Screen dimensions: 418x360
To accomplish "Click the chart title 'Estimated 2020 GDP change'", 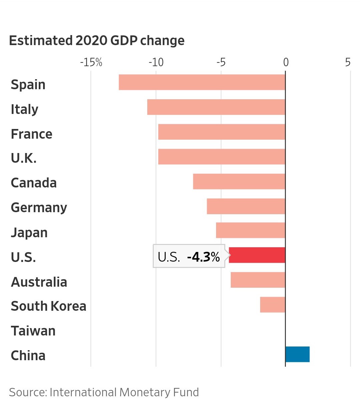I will pyautogui.click(x=97, y=40).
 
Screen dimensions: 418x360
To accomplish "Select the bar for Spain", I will pyautogui.click(x=202, y=82).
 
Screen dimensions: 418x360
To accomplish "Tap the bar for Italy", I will pyautogui.click(x=216, y=107).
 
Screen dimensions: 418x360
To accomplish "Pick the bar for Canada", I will pyautogui.click(x=239, y=181).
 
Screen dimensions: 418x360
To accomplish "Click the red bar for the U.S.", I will pyautogui.click(x=257, y=255).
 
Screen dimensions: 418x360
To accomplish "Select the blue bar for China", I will pyautogui.click(x=297, y=354).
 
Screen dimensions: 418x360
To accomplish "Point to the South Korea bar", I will pyautogui.click(x=273, y=304).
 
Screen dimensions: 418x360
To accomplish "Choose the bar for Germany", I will pyautogui.click(x=246, y=206).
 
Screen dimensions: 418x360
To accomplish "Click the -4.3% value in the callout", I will pyautogui.click(x=203, y=257).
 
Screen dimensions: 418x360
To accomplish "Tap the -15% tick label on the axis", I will pyautogui.click(x=91, y=62).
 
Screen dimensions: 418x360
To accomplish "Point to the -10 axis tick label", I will pyautogui.click(x=156, y=62).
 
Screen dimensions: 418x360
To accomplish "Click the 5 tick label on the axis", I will pyautogui.click(x=348, y=62).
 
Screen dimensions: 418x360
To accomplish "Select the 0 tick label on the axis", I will pyautogui.click(x=286, y=62).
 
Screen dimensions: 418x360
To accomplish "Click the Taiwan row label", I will pyautogui.click(x=33, y=331).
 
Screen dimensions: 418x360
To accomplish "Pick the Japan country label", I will pyautogui.click(x=29, y=233).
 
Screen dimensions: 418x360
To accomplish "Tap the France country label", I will pyautogui.click(x=31, y=134).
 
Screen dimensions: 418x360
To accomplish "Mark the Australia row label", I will pyautogui.click(x=39, y=282).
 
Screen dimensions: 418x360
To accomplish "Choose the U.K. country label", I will pyautogui.click(x=23, y=158).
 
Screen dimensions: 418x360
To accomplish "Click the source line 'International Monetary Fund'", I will pyautogui.click(x=104, y=392).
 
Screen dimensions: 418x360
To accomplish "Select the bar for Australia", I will pyautogui.click(x=258, y=280).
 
